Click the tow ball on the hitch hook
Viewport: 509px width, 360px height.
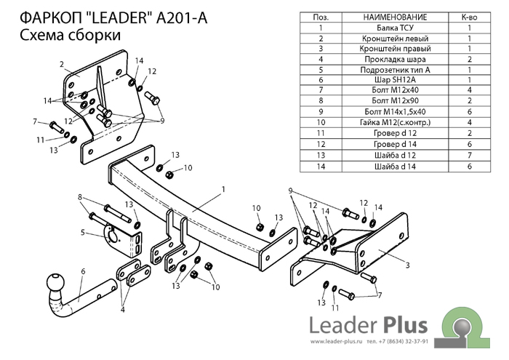click(55, 283)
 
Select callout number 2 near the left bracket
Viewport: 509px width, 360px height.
click(62, 64)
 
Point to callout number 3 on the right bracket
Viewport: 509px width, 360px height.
click(407, 265)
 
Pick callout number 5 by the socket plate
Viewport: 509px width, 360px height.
click(83, 271)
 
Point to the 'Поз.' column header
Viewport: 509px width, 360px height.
click(320, 16)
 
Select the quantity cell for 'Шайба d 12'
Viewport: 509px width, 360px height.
click(469, 155)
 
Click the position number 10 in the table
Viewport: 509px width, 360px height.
click(320, 122)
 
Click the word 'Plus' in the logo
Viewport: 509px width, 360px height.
click(401, 324)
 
